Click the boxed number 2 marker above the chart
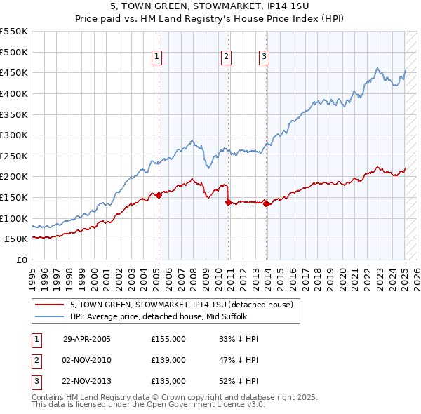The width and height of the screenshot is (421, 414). (227, 58)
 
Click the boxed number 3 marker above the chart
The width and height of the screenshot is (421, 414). (264, 58)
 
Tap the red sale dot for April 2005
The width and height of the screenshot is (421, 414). (159, 196)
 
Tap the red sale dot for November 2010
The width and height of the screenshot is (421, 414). (228, 202)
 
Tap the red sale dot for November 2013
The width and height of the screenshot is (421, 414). (267, 204)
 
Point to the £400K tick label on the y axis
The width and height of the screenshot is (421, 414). (13, 93)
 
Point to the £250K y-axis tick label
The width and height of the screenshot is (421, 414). (13, 156)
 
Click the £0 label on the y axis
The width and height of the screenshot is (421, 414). (21, 260)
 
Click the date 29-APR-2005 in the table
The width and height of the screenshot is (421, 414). (87, 339)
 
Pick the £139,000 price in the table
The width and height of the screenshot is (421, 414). (168, 360)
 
